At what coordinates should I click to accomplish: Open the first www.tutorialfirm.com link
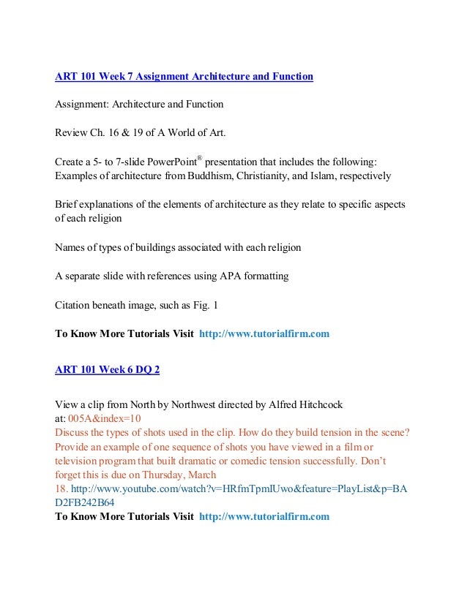click(x=264, y=333)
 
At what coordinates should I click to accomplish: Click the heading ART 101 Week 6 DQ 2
click(x=108, y=369)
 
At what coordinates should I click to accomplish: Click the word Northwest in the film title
click(x=194, y=404)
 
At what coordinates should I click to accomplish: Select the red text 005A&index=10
click(x=104, y=418)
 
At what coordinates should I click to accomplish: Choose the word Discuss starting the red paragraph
click(x=72, y=433)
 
